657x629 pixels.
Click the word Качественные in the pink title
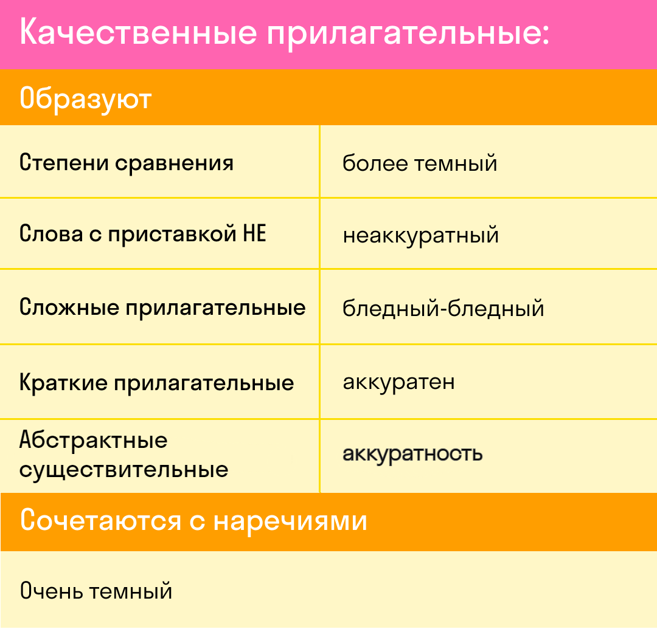click(x=138, y=32)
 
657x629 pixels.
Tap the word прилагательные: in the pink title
click(x=408, y=34)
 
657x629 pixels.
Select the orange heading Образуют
click(x=86, y=100)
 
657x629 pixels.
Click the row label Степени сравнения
click(x=126, y=163)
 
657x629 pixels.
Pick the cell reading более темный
click(x=420, y=163)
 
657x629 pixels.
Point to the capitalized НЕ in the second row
click(x=255, y=233)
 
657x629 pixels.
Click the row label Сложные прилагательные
click(x=162, y=308)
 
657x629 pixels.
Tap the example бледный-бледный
click(x=443, y=309)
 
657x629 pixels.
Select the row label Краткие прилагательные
click(x=157, y=382)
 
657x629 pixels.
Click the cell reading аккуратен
click(x=398, y=382)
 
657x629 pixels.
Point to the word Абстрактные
click(x=94, y=440)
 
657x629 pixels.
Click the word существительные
click(x=123, y=470)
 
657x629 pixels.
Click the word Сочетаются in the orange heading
click(x=100, y=520)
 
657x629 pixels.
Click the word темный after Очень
click(x=131, y=591)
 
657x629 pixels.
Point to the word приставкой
click(x=172, y=234)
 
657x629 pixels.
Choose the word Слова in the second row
click(x=51, y=233)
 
